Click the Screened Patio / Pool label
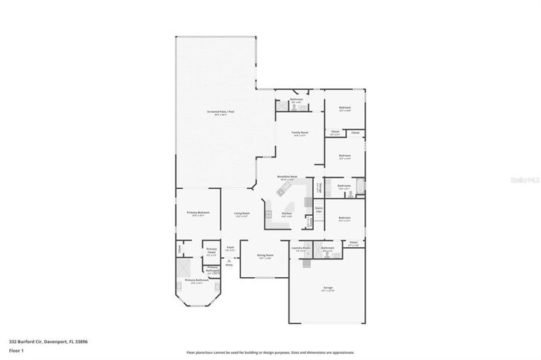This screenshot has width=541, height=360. [221, 111]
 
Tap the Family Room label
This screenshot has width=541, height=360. [299, 133]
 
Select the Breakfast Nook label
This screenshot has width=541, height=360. [285, 178]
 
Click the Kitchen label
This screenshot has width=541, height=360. [286, 213]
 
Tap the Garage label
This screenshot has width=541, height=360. [328, 288]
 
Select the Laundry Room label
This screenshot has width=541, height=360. [300, 248]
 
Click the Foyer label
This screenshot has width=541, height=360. [229, 248]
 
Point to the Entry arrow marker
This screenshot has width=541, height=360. [229, 263]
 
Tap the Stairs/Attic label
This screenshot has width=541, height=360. [318, 210]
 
